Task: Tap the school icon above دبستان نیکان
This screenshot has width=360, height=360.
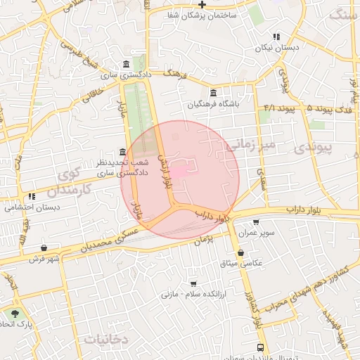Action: click(276, 37)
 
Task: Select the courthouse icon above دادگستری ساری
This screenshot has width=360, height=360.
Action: click(126, 63)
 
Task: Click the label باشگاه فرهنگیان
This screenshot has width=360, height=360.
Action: click(214, 104)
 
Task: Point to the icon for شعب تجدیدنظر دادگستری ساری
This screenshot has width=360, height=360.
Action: click(123, 152)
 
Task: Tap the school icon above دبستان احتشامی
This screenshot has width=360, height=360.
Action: click(32, 197)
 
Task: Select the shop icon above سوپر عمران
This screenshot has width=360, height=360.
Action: click(255, 222)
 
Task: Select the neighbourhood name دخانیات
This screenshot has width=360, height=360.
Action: click(105, 339)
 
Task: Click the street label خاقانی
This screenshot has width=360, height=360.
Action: click(96, 91)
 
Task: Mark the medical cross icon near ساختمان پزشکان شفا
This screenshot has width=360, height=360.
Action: click(202, 4)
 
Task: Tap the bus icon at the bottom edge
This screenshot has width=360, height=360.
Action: click(261, 347)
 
